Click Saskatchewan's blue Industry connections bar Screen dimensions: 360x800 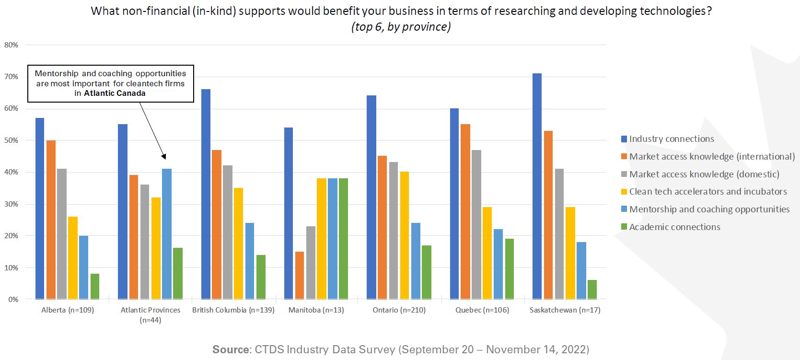click(x=537, y=186)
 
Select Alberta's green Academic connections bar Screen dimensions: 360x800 click(x=95, y=287)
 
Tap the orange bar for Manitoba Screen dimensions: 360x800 click(x=300, y=276)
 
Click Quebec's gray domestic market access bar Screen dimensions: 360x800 click(x=476, y=225)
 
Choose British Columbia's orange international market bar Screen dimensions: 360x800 click(x=217, y=225)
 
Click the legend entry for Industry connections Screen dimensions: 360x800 click(x=671, y=139)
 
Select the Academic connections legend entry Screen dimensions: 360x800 click(x=674, y=227)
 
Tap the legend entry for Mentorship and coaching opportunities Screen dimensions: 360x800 click(x=709, y=209)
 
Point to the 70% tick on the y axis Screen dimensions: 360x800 click(x=11, y=77)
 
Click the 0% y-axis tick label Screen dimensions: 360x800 click(x=12, y=300)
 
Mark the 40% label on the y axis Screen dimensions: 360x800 click(x=11, y=172)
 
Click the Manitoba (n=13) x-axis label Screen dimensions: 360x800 click(x=316, y=310)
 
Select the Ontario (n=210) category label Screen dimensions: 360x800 click(x=399, y=310)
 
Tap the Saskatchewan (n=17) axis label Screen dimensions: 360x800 click(x=565, y=310)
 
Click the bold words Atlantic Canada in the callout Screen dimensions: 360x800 click(x=115, y=93)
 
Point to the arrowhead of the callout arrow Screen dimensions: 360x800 click(x=164, y=156)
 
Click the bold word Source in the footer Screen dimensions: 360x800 click(x=231, y=349)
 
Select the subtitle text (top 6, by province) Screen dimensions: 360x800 click(x=401, y=27)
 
